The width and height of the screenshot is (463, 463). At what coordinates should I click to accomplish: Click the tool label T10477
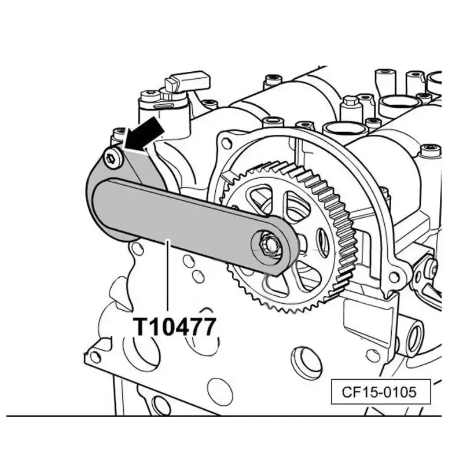175,326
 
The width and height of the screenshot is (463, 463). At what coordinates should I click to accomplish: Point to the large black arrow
144,133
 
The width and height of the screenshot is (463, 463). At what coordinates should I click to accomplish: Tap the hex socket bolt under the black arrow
113,158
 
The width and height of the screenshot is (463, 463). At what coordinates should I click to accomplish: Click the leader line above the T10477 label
168,275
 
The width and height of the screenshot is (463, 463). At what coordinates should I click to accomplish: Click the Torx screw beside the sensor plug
149,96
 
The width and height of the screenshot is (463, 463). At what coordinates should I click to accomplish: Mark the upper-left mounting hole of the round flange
226,143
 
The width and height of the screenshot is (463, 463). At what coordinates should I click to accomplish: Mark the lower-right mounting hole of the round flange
394,277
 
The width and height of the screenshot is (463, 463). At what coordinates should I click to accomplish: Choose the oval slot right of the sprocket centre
322,242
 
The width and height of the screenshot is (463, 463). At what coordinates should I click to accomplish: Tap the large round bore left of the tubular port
305,361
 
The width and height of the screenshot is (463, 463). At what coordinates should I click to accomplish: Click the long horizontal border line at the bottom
224,416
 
